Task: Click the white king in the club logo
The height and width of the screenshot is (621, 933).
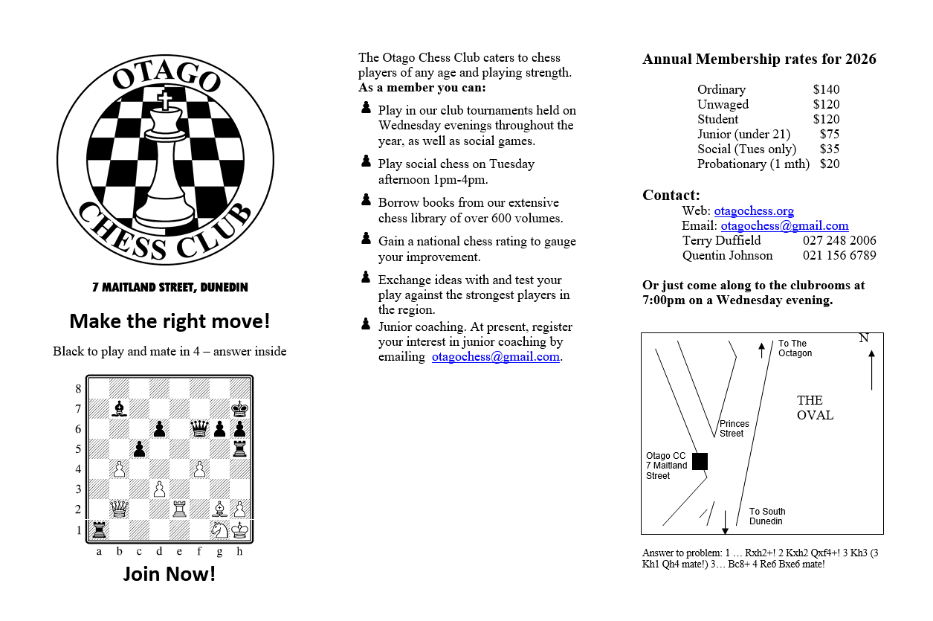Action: click(164, 160)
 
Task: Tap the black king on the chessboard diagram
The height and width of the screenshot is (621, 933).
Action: click(239, 408)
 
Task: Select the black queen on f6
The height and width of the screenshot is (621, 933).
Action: click(199, 428)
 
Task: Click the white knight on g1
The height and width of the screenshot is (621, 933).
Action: click(219, 530)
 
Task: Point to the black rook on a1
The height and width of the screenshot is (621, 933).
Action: click(99, 530)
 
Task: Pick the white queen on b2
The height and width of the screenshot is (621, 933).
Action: click(119, 509)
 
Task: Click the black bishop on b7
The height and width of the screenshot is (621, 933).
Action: click(119, 408)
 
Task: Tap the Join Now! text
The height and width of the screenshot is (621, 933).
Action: click(170, 573)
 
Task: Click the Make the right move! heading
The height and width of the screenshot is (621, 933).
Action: click(170, 321)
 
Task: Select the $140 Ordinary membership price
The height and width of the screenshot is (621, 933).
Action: click(826, 89)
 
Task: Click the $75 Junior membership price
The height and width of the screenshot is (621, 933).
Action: click(830, 134)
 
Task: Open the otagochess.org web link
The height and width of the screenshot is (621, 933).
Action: click(754, 211)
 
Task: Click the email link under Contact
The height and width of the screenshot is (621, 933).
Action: click(784, 226)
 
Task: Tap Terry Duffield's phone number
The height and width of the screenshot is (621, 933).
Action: click(839, 241)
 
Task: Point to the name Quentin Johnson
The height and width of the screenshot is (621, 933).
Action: click(727, 256)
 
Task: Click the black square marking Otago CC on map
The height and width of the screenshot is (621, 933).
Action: click(700, 461)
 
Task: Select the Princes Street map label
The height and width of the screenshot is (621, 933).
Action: click(734, 428)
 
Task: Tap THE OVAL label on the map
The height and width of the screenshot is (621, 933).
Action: click(815, 408)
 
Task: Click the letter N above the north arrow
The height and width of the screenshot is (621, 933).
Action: click(864, 338)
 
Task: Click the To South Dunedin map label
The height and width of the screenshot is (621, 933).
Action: click(766, 516)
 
